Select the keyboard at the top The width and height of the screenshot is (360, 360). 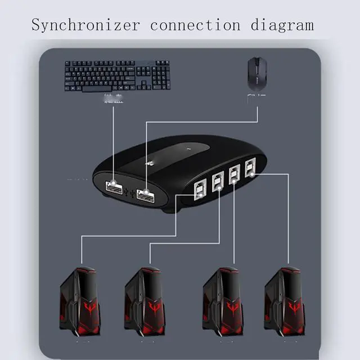(117, 75)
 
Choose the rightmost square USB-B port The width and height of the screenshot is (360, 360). (249, 167)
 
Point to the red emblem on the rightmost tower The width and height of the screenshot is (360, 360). (294, 307)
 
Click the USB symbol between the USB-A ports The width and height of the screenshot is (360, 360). (131, 193)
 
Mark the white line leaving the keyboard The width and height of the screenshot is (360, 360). (114, 141)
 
